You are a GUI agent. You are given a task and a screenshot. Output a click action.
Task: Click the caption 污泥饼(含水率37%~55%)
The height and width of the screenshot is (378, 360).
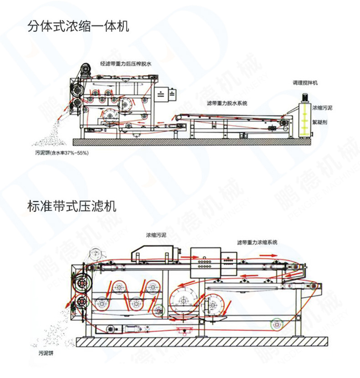58,152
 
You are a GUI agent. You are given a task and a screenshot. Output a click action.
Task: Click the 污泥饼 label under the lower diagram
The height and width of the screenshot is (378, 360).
46,353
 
